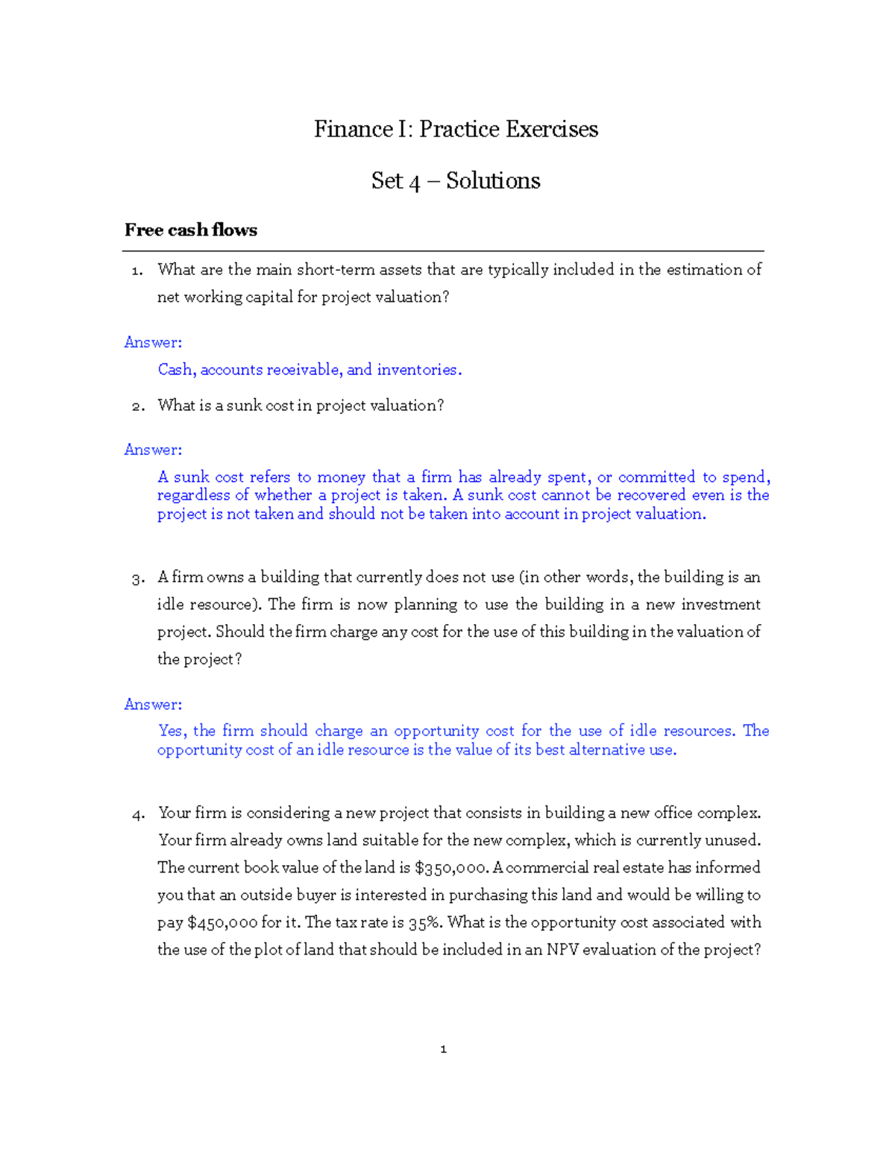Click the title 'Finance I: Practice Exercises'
coord(456,129)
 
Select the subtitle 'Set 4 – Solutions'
coord(456,180)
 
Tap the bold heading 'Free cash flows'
coord(190,230)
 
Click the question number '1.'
coord(136,271)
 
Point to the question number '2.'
coord(137,406)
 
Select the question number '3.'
coord(137,578)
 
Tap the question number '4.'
coord(137,814)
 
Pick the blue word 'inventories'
coord(418,370)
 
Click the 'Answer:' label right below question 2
coord(153,450)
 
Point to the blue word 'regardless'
coord(193,495)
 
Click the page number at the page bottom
coord(444,1049)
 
